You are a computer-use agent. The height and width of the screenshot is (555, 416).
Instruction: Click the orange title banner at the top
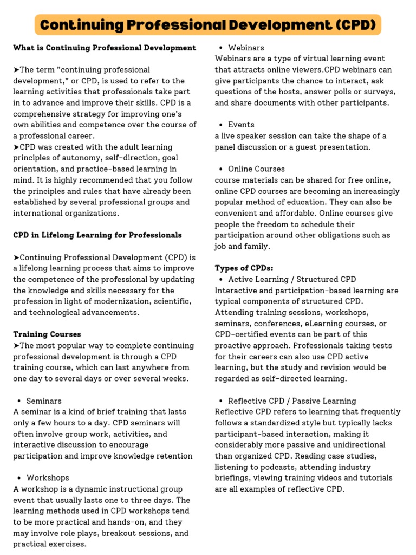(x=208, y=25)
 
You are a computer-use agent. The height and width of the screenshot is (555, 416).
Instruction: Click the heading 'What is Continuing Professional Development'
(x=105, y=48)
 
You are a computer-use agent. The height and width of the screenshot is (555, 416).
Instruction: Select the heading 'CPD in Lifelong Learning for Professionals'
(x=97, y=235)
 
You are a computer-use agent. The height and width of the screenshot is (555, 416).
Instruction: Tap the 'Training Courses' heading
(x=47, y=334)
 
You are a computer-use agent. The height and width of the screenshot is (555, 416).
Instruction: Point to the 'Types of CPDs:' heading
(x=244, y=268)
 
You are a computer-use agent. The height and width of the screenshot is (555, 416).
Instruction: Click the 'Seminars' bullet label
(x=44, y=401)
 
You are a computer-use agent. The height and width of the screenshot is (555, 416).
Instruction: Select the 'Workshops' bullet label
(x=48, y=478)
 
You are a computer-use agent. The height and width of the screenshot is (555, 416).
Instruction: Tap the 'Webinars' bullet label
(x=246, y=48)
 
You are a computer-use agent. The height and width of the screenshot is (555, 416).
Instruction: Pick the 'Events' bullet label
(x=241, y=125)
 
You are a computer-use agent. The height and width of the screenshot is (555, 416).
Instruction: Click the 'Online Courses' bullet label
(x=256, y=169)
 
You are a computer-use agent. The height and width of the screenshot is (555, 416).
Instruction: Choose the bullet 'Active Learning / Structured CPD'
(x=292, y=280)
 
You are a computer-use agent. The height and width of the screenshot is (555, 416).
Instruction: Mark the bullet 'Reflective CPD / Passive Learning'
(x=292, y=401)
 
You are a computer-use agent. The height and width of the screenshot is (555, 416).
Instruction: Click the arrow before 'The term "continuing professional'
(x=16, y=70)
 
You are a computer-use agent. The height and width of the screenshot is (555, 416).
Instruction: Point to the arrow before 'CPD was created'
(x=16, y=147)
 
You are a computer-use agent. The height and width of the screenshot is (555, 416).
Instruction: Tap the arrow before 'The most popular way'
(x=16, y=346)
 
